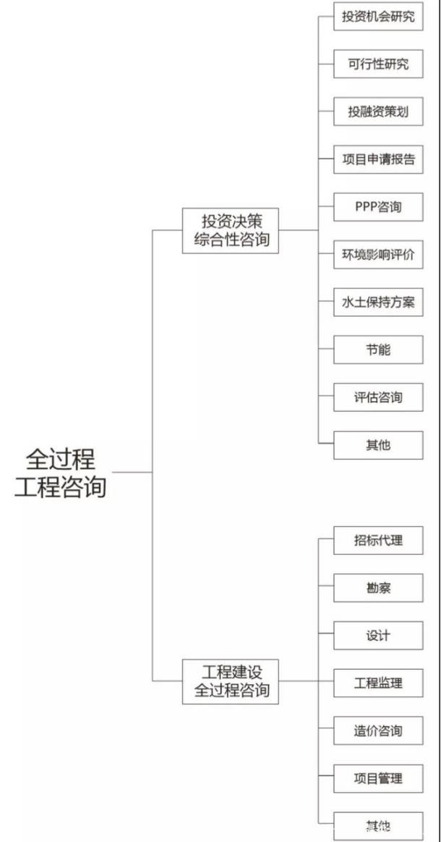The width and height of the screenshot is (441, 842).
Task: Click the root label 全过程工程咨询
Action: (61, 473)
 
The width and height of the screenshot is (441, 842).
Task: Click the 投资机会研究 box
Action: (378, 16)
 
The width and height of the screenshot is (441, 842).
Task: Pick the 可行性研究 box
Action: (378, 64)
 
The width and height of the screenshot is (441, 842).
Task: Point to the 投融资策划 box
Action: (378, 111)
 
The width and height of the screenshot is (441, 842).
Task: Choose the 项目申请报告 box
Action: (378, 159)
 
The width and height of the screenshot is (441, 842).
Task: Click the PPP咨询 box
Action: (378, 207)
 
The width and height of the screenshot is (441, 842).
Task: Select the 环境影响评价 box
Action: (378, 255)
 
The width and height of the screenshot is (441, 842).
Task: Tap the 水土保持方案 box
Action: (378, 302)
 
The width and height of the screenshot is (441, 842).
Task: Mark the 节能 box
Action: (378, 350)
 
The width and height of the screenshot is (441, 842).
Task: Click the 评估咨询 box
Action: (378, 397)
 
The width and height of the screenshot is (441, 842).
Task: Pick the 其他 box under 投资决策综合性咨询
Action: (378, 445)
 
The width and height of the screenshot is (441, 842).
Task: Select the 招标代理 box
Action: (378, 540)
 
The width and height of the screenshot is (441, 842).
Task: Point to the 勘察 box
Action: (378, 588)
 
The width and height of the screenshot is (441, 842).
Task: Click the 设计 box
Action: (378, 635)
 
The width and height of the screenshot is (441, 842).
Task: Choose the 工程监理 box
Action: (378, 683)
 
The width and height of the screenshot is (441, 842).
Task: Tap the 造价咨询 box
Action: (378, 731)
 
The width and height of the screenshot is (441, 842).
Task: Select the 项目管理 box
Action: (378, 778)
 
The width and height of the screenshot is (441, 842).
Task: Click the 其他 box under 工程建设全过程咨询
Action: (378, 826)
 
